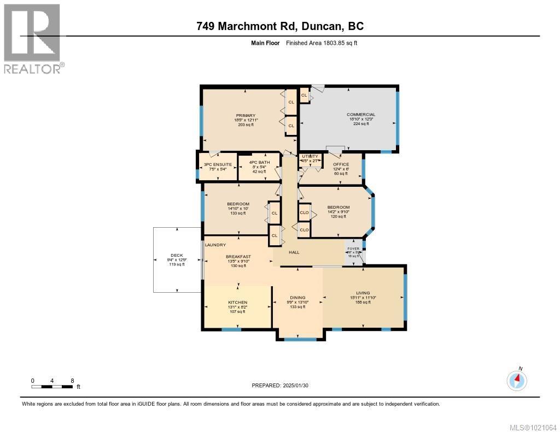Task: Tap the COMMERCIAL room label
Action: tap(361, 115)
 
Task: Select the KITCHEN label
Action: tap(237, 302)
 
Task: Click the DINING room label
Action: tap(297, 298)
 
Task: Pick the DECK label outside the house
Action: tap(176, 255)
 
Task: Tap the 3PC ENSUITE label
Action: tap(218, 164)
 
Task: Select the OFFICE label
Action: tap(341, 164)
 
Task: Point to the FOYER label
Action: tap(353, 248)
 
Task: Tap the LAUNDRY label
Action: tap(215, 245)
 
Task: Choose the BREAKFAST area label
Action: tap(238, 256)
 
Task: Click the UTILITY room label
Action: tap(310, 156)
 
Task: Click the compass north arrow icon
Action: tap(517, 380)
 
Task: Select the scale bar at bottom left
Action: tap(52, 387)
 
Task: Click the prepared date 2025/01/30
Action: tap(283, 386)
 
